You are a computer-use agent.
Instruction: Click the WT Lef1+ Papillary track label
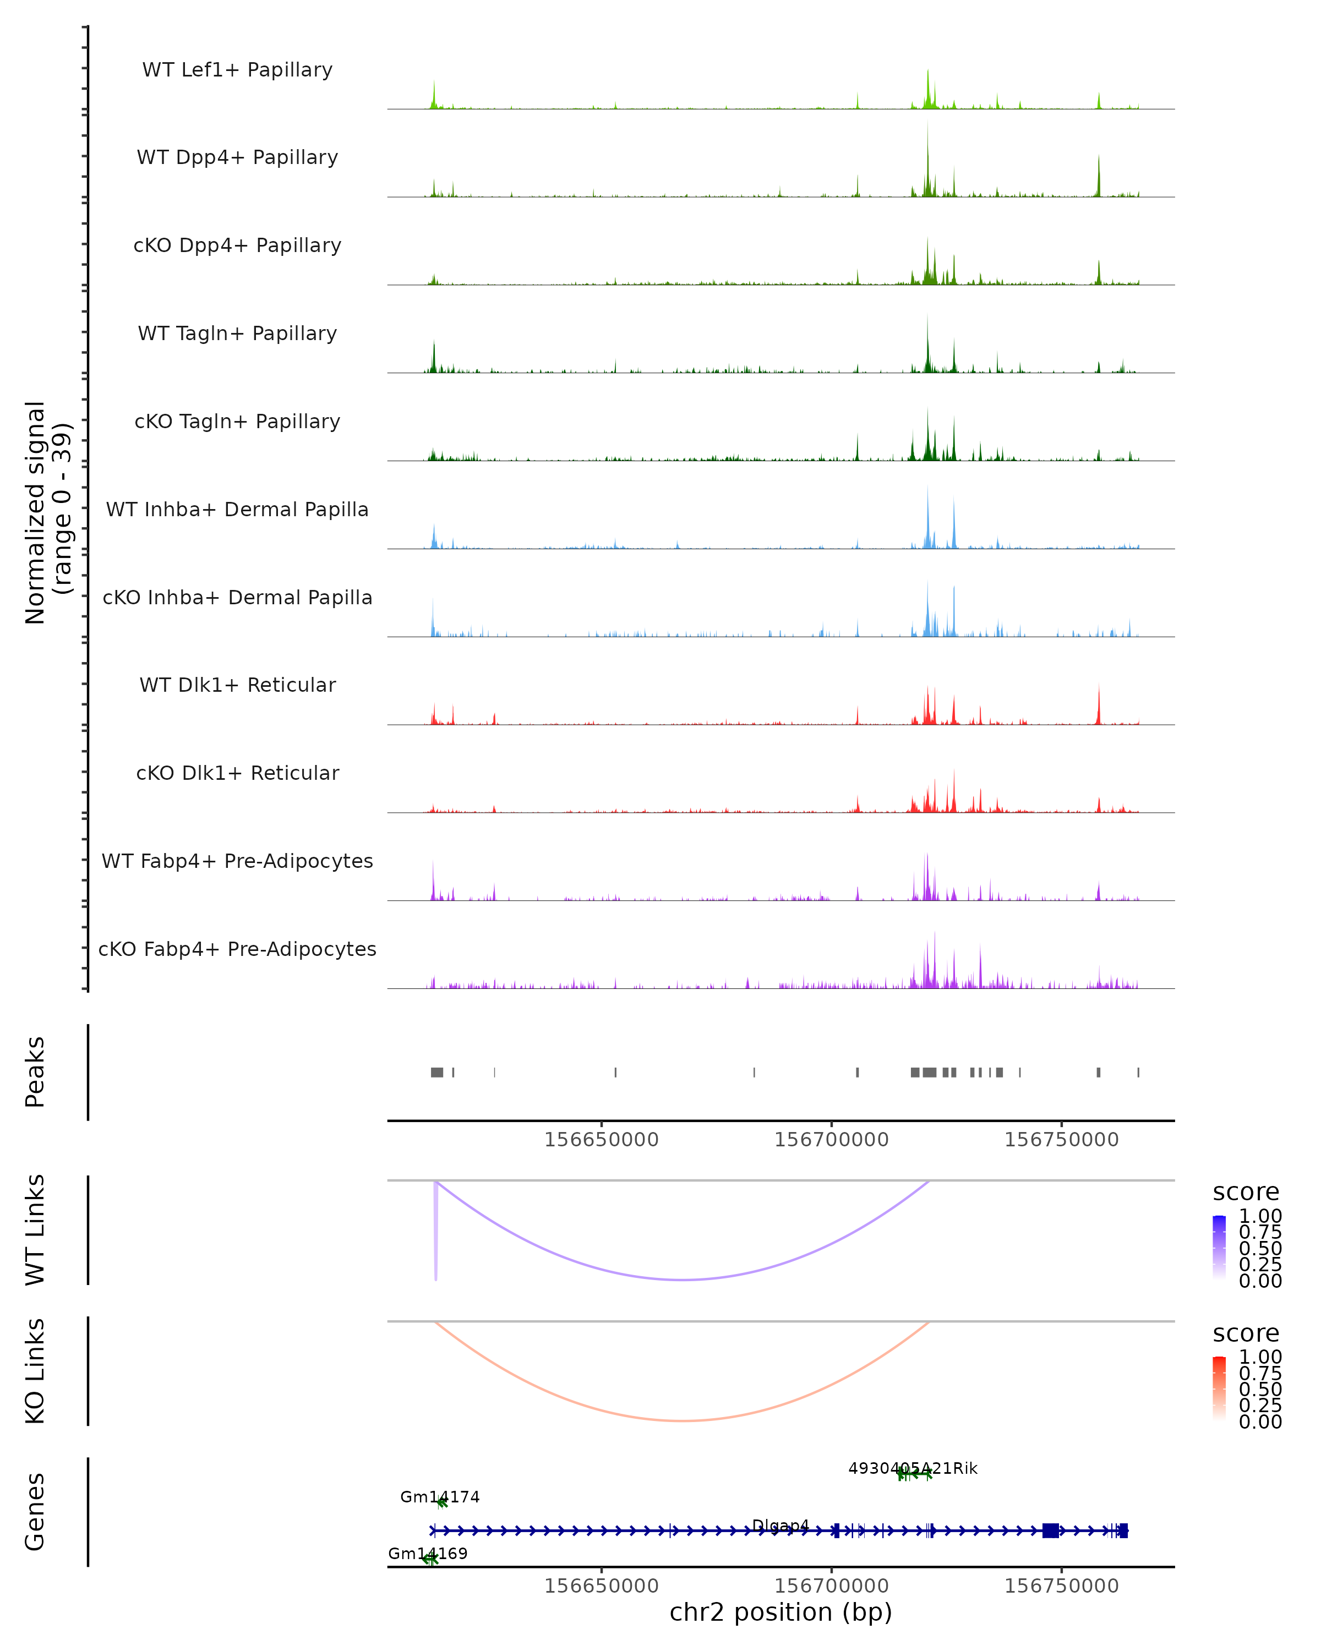[x=237, y=70]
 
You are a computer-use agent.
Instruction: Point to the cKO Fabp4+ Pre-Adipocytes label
[x=237, y=949]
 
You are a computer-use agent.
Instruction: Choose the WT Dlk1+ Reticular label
[x=237, y=685]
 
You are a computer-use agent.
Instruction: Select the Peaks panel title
[x=35, y=1071]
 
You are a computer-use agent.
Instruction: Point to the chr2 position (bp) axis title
[x=780, y=1612]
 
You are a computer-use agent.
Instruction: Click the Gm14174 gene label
[x=440, y=1497]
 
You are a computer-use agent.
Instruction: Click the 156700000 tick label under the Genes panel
[x=831, y=1586]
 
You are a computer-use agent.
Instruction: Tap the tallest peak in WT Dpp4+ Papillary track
[x=927, y=153]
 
